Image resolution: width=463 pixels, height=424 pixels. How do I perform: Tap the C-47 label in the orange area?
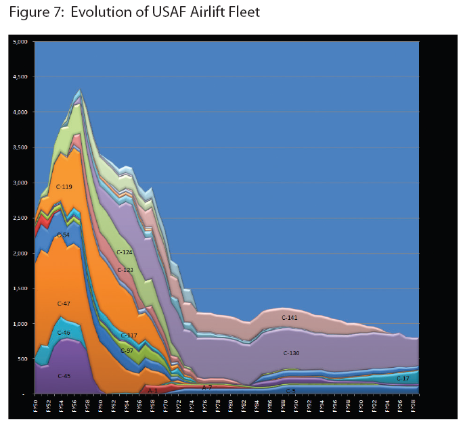(64, 304)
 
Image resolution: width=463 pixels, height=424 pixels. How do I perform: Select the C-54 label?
(63, 235)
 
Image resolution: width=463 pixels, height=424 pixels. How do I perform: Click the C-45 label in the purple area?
(64, 375)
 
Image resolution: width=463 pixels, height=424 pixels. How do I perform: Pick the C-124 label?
(124, 252)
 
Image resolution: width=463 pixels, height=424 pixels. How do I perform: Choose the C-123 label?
(125, 270)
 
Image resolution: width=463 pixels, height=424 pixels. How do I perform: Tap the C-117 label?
(129, 335)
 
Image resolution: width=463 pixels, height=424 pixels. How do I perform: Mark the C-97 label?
(127, 350)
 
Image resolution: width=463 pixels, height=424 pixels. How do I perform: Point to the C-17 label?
(403, 379)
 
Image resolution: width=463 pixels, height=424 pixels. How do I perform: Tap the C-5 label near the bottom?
(290, 390)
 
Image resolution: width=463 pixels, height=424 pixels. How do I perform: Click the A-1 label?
(152, 390)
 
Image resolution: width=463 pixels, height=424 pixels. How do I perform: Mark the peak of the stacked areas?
(81, 90)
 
